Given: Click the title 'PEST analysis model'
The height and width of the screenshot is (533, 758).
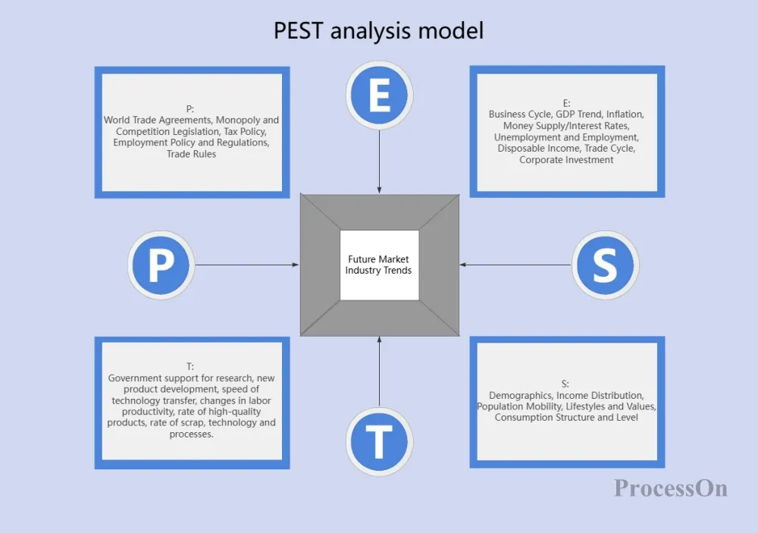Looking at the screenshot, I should pyautogui.click(x=378, y=30).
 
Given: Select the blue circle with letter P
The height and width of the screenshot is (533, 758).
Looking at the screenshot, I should pyautogui.click(x=161, y=265).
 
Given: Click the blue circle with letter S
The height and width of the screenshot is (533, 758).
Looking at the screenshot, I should pyautogui.click(x=604, y=265).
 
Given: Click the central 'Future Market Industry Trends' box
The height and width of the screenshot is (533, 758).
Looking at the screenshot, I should pyautogui.click(x=379, y=265).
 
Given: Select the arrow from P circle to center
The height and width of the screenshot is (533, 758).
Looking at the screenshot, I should pyautogui.click(x=247, y=265).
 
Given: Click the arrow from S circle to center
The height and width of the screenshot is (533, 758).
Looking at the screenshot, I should pyautogui.click(x=515, y=265).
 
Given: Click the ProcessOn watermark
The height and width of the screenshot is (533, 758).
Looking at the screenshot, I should pyautogui.click(x=670, y=488).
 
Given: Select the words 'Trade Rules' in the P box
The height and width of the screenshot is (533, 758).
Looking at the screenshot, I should pyautogui.click(x=192, y=154).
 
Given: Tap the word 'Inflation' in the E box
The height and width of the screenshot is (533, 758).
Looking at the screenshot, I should pyautogui.click(x=625, y=114).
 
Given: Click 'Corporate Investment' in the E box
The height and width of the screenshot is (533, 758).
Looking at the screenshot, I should pyautogui.click(x=566, y=160).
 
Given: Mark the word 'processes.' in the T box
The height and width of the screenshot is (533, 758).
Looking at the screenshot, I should pyautogui.click(x=192, y=434).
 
